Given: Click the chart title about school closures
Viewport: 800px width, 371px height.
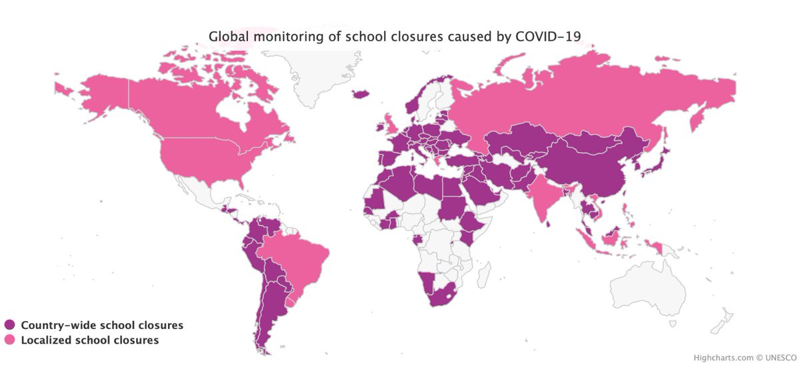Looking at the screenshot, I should (x=399, y=36).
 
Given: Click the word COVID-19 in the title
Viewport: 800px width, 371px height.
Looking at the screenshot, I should (x=553, y=36).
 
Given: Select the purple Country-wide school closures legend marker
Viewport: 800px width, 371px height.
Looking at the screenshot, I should (x=9, y=325).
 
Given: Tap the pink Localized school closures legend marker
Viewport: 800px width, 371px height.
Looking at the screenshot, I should (x=9, y=340).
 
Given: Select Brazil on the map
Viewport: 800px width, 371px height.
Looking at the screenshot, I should (x=297, y=257).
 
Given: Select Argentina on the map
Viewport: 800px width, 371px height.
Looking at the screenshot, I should (x=270, y=314).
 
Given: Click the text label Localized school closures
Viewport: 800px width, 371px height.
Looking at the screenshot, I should (x=90, y=340).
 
